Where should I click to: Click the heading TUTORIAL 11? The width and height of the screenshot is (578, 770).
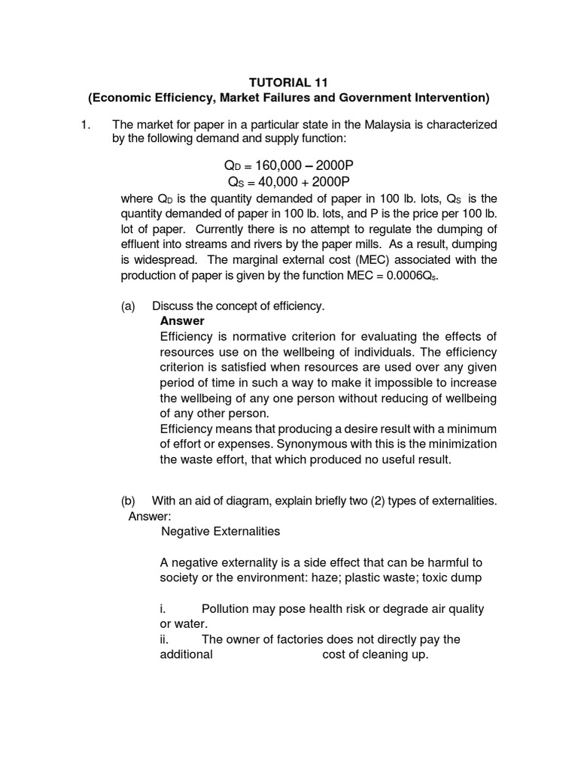click(x=289, y=83)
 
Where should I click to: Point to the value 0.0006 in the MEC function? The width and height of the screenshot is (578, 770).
click(x=405, y=276)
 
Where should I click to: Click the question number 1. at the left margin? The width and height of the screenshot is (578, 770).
click(x=86, y=124)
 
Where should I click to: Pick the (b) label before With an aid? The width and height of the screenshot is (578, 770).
click(x=129, y=501)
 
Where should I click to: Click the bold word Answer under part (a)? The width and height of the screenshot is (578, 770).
click(x=182, y=321)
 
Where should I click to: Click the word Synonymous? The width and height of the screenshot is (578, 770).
click(x=330, y=444)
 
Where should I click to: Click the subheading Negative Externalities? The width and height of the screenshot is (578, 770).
click(x=221, y=532)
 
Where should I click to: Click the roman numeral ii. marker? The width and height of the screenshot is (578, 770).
click(x=165, y=639)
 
